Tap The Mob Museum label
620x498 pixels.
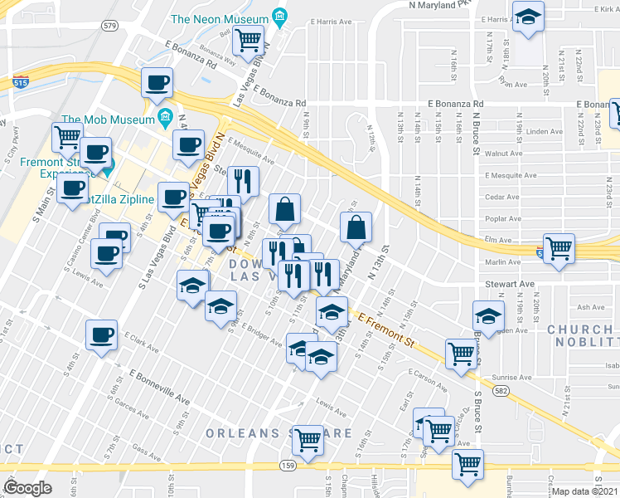point(108,118)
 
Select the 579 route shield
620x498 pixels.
point(110,26)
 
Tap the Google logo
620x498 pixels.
point(27,487)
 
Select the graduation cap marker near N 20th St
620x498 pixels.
point(527,18)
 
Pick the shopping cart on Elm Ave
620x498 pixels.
point(559,247)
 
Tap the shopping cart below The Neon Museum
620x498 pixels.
point(248,38)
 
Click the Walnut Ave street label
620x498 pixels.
point(503,154)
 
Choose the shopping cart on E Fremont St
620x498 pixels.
point(460,353)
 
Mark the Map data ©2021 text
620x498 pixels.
point(585,491)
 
